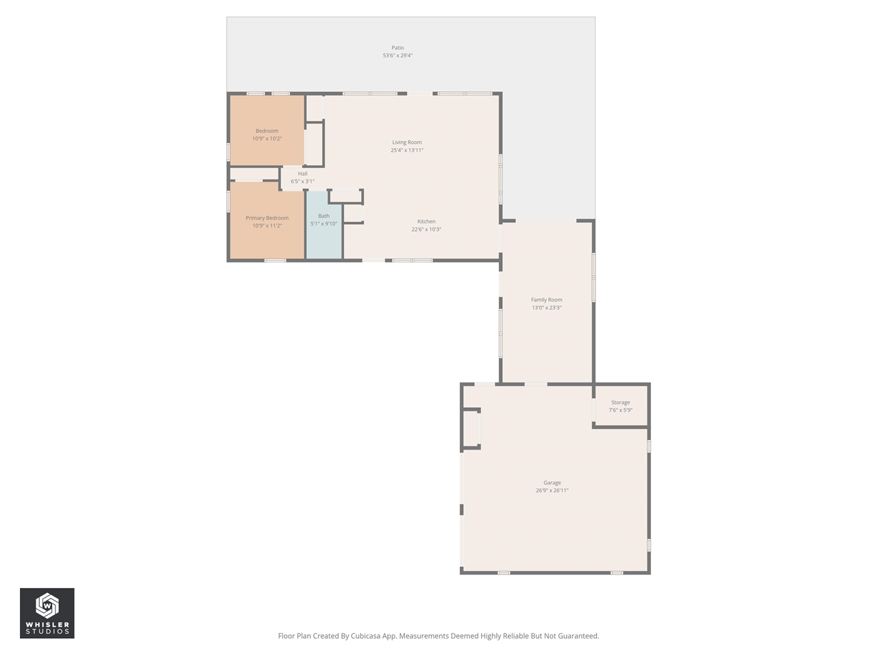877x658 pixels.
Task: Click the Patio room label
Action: click(397, 48)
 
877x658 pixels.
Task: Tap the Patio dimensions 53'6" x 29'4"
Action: click(397, 56)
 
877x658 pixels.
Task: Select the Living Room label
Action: click(407, 143)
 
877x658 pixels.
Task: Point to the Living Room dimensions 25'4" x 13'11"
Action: click(407, 150)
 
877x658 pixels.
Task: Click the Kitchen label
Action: click(426, 221)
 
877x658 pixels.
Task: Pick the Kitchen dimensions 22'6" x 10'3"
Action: click(426, 230)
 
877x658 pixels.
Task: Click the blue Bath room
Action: click(323, 236)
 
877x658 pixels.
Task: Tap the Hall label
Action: click(302, 173)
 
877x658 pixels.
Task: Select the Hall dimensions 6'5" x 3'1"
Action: click(302, 182)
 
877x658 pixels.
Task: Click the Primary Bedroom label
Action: click(267, 218)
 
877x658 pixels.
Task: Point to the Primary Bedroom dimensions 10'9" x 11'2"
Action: click(267, 226)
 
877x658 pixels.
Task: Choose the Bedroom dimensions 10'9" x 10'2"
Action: click(267, 138)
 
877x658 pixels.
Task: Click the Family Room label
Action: click(547, 300)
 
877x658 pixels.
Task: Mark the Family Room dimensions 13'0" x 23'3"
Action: click(547, 308)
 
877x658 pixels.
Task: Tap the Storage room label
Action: click(621, 402)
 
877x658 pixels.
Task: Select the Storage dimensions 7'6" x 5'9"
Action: click(621, 410)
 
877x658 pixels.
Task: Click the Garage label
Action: click(552, 483)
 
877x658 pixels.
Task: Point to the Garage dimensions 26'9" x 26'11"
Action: click(552, 491)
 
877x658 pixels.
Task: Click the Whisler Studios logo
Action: click(47, 613)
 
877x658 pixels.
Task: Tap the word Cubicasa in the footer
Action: click(367, 636)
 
